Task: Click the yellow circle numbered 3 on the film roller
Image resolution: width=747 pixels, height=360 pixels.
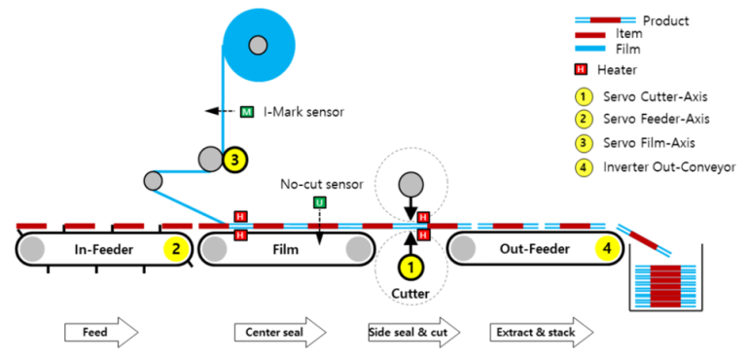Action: [x=232, y=160]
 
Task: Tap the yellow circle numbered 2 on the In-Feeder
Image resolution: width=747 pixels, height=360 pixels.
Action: [x=176, y=249]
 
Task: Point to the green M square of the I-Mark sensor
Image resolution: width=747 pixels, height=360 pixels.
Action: [x=247, y=112]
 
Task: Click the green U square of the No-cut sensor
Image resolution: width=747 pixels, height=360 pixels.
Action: [x=318, y=202]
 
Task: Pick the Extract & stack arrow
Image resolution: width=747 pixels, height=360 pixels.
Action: [x=536, y=331]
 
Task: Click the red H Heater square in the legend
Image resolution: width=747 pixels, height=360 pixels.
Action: [x=581, y=69]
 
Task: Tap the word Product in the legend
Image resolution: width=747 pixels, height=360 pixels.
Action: [x=666, y=19]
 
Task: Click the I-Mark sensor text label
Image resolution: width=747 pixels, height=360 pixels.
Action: [x=303, y=112]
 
